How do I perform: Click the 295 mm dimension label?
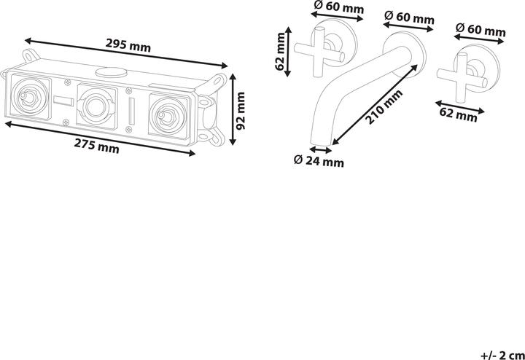(128, 45)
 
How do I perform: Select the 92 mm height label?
(241, 111)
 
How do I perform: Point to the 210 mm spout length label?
(384, 107)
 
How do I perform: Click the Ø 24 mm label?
(319, 161)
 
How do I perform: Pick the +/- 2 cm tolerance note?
(502, 354)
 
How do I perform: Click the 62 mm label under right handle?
(458, 114)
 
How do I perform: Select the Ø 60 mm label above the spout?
(409, 17)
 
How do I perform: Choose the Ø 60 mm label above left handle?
(338, 7)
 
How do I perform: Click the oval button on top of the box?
(112, 72)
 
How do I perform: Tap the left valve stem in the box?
(28, 97)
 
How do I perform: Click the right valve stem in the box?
(167, 116)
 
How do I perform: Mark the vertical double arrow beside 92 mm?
(233, 109)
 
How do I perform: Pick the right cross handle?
(462, 78)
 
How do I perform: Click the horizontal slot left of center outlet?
(63, 101)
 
